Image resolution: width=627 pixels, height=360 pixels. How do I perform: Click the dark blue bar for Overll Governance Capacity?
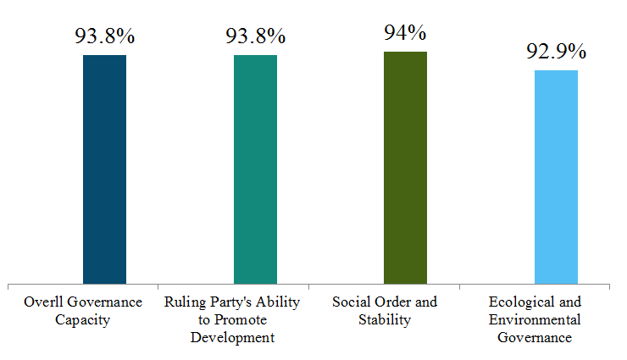[104, 169]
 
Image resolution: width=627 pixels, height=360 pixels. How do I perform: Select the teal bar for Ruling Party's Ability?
[255, 169]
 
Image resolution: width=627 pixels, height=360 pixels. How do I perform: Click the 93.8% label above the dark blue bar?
[104, 37]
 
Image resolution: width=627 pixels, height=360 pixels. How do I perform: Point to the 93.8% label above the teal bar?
[255, 37]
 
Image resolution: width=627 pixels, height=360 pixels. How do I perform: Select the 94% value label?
[405, 32]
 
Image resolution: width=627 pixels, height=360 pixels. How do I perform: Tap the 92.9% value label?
[556, 51]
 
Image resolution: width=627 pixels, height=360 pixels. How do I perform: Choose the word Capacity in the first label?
[82, 319]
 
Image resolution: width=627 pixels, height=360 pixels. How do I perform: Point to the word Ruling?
[182, 302]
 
